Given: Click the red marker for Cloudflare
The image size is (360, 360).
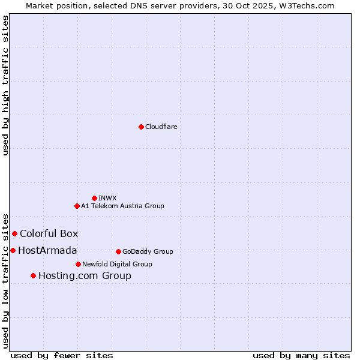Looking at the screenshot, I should (141, 127).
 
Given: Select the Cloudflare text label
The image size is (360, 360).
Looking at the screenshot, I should (161, 127).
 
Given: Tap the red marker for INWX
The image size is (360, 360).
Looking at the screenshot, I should (94, 198).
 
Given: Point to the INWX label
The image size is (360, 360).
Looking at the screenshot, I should (107, 198).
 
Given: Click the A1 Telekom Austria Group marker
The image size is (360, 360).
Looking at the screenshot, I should (77, 206).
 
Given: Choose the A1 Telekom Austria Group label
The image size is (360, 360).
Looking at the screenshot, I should (122, 206).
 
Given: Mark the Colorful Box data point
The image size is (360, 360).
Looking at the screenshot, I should (14, 233).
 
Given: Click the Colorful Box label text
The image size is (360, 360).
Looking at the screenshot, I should (49, 233).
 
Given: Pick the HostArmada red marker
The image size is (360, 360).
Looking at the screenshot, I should (13, 250).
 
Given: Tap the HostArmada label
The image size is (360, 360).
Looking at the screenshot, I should (47, 250).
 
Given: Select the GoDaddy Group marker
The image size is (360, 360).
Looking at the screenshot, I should (118, 251).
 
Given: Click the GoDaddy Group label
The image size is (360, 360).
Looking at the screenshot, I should (147, 251).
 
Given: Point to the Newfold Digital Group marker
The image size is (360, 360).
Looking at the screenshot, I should (78, 264).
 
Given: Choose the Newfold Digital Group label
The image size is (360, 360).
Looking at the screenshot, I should (117, 264).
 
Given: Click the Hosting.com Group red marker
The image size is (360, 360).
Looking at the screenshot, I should (33, 275).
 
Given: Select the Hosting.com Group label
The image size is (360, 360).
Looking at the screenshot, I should (85, 275).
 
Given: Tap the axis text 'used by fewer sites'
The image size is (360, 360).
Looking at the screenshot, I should (62, 355).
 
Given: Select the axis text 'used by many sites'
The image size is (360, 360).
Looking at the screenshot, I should (301, 355).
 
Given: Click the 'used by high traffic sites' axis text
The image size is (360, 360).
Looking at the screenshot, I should (5, 85).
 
